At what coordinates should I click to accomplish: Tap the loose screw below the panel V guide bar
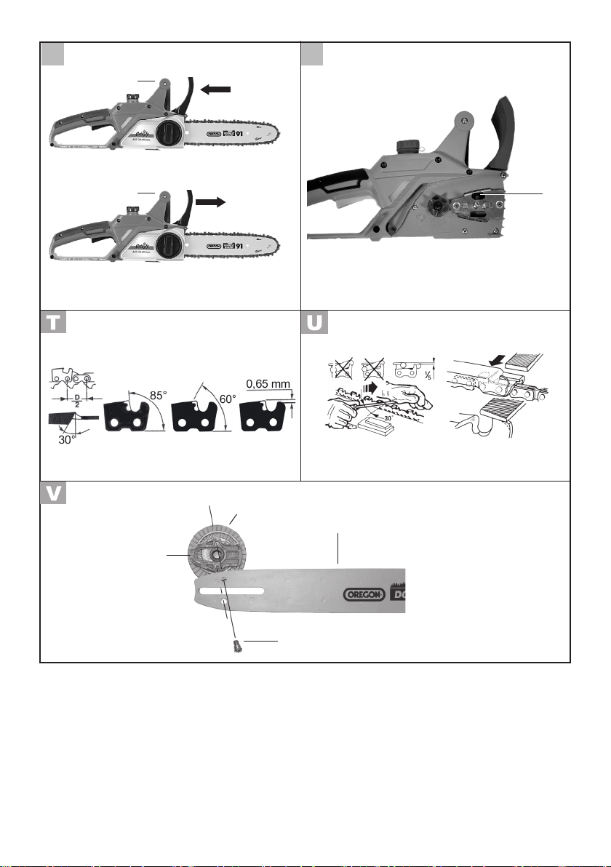pyautogui.click(x=234, y=644)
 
